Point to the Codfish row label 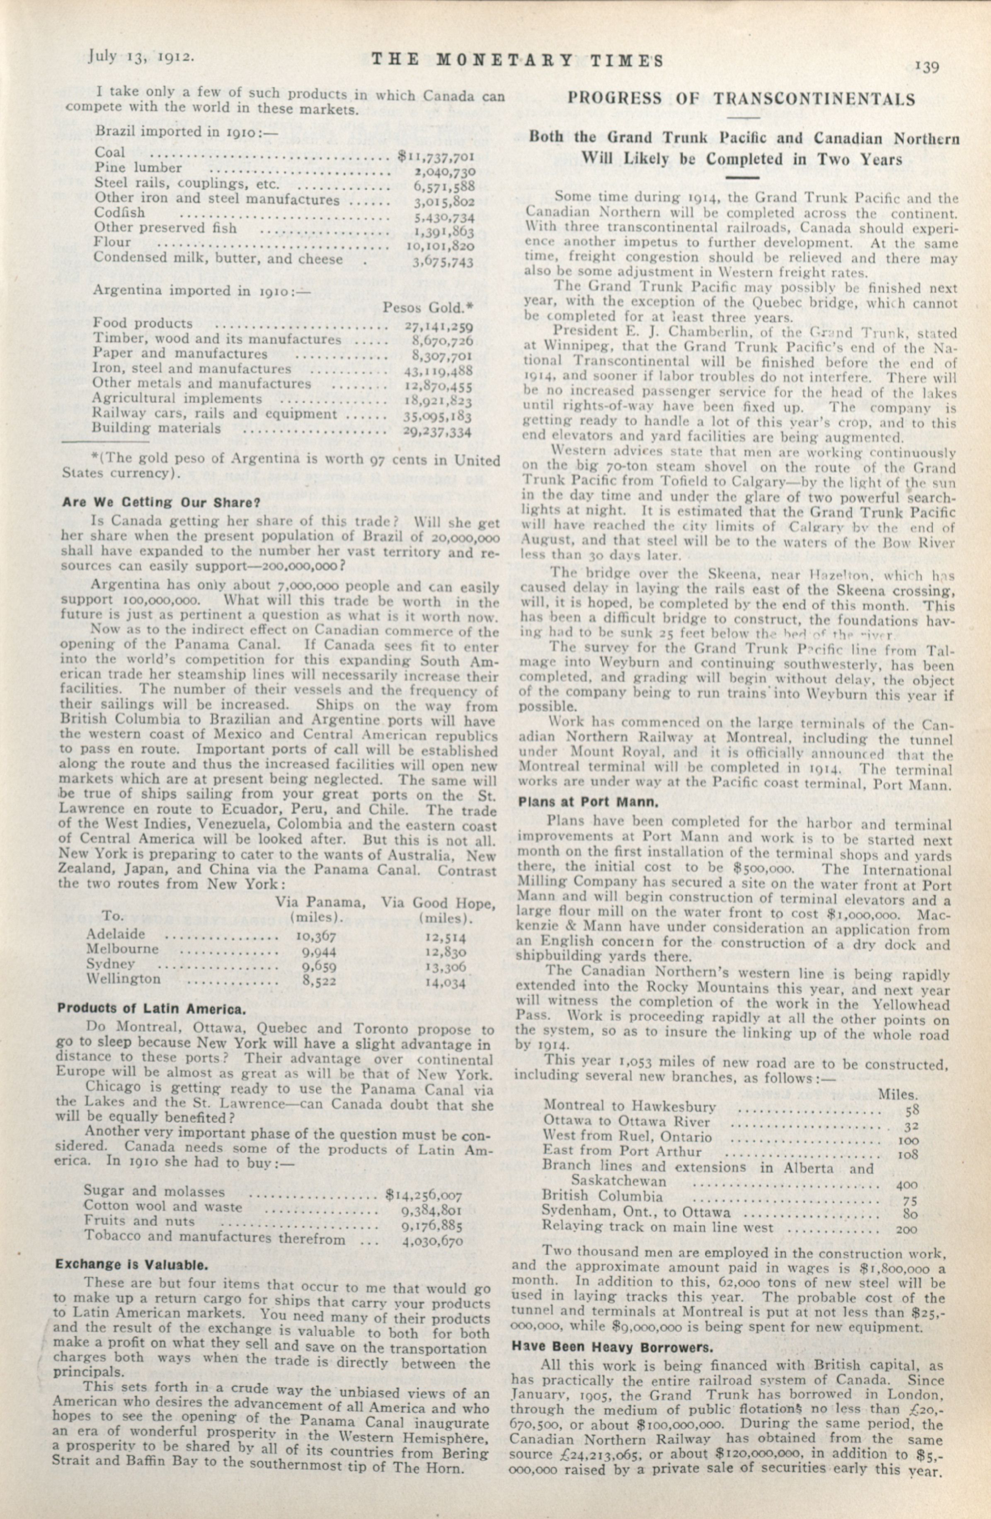click(x=120, y=213)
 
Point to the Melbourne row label click(x=122, y=949)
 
